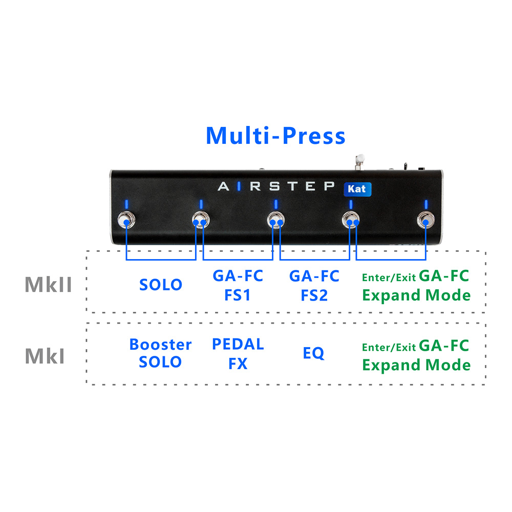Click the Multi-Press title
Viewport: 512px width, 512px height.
[x=275, y=136]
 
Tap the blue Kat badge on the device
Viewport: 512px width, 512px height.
[x=357, y=188]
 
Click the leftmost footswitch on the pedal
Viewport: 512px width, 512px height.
[x=126, y=221]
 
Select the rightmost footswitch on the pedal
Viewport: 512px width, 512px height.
[x=425, y=221]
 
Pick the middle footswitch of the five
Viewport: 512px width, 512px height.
[x=276, y=221]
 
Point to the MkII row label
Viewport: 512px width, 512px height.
[x=48, y=285]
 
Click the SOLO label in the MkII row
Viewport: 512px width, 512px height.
[x=161, y=285]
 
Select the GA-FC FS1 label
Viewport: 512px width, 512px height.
[x=238, y=286]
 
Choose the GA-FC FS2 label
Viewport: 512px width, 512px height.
[x=314, y=286]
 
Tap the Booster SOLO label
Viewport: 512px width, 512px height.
[x=160, y=353]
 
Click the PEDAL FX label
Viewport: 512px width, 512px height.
[x=238, y=353]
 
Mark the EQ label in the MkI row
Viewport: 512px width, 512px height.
[x=313, y=353]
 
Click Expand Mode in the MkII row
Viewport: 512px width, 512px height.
[x=416, y=295]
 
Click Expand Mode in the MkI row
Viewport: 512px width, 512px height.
[x=416, y=365]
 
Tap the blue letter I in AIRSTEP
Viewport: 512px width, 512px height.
[x=239, y=186]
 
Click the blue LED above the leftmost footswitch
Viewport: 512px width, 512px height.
[x=126, y=204]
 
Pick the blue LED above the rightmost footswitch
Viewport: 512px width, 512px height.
[x=425, y=204]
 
